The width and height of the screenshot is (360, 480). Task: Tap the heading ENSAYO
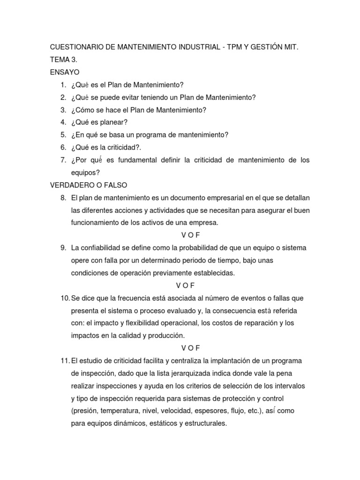[x=65, y=72]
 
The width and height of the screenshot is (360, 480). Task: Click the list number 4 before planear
[x=63, y=122]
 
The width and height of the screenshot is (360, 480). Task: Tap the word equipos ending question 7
[x=82, y=172]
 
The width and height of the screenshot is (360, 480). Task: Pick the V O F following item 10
[x=190, y=348]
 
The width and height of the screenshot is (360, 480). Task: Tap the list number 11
[x=65, y=360]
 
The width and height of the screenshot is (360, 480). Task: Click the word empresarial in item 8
[x=206, y=197]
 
